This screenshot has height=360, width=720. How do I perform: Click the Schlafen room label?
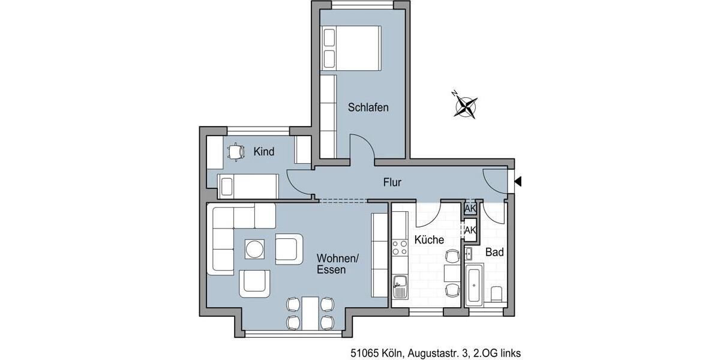368,108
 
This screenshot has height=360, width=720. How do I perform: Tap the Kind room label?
263,152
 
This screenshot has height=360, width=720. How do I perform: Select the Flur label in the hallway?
392,182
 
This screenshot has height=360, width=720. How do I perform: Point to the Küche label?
429,240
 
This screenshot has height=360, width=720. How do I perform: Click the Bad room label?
494,253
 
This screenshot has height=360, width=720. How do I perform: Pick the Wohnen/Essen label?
337,265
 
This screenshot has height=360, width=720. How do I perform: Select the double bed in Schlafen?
352,48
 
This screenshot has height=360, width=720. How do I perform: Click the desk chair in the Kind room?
236,152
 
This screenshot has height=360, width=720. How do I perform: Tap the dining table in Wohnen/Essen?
310,313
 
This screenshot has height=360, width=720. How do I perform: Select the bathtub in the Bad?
474,285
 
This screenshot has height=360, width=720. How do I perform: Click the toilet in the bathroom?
496,295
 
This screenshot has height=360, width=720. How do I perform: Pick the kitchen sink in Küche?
400,287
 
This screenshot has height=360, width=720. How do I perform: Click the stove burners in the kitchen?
400,248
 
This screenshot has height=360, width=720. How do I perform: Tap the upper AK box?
470,209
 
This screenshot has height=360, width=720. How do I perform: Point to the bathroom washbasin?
469,253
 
